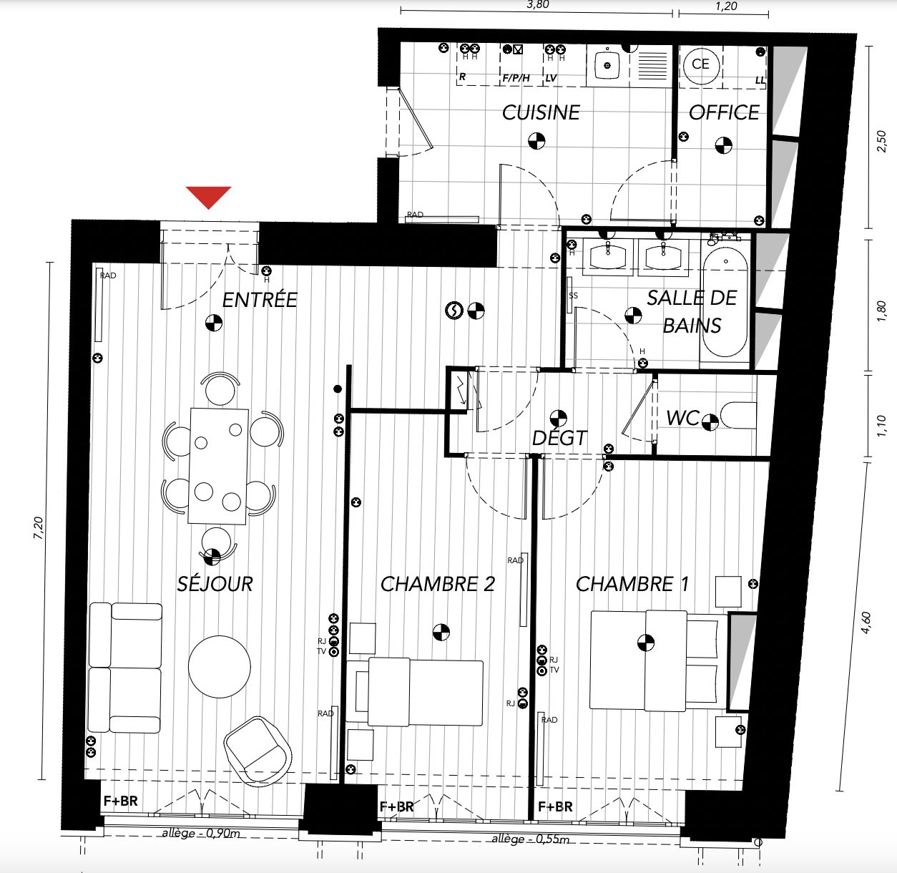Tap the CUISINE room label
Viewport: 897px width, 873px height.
(x=541, y=112)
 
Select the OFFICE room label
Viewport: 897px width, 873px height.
(x=724, y=112)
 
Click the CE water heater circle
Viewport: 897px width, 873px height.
(x=700, y=64)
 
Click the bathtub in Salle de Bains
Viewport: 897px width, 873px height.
(x=725, y=301)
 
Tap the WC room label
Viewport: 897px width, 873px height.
(x=682, y=419)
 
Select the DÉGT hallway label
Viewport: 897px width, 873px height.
(x=559, y=438)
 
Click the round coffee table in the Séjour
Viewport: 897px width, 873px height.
(x=220, y=666)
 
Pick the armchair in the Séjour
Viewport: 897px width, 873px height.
(x=258, y=751)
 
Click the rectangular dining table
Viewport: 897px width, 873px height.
(x=218, y=466)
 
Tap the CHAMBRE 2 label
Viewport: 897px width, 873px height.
(x=438, y=584)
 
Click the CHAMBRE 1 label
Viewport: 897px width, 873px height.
(x=632, y=584)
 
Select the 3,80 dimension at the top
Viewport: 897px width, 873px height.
(x=537, y=5)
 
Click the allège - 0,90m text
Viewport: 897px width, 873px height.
(x=201, y=834)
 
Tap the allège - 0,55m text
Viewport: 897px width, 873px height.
(x=531, y=839)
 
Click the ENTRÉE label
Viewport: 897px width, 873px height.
(x=260, y=300)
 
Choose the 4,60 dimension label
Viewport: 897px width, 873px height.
(x=866, y=622)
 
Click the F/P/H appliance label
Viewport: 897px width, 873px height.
(x=516, y=78)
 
